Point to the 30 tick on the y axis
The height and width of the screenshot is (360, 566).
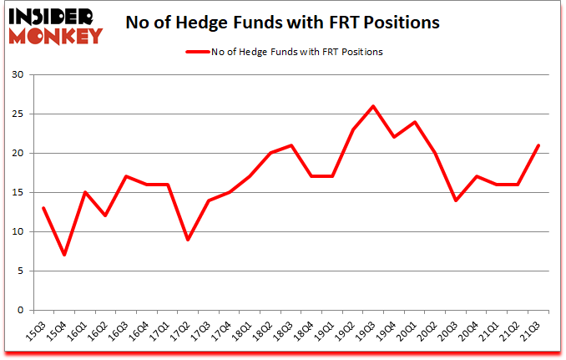[x=19, y=75]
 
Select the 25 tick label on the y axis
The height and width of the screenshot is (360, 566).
[x=19, y=114]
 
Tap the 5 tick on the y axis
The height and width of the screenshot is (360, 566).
[x=22, y=271]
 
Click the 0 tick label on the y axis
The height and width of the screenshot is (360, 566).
[x=22, y=310]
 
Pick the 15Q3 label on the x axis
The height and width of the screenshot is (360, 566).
[x=37, y=328]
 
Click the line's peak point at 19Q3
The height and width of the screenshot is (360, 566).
[x=373, y=106]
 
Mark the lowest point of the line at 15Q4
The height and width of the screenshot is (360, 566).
[x=64, y=255]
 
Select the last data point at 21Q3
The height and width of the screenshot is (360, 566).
[x=538, y=145]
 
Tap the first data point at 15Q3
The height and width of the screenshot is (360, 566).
[x=43, y=208]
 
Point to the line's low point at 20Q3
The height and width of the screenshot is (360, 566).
[x=456, y=200]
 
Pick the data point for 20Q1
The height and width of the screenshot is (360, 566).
[x=415, y=122]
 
